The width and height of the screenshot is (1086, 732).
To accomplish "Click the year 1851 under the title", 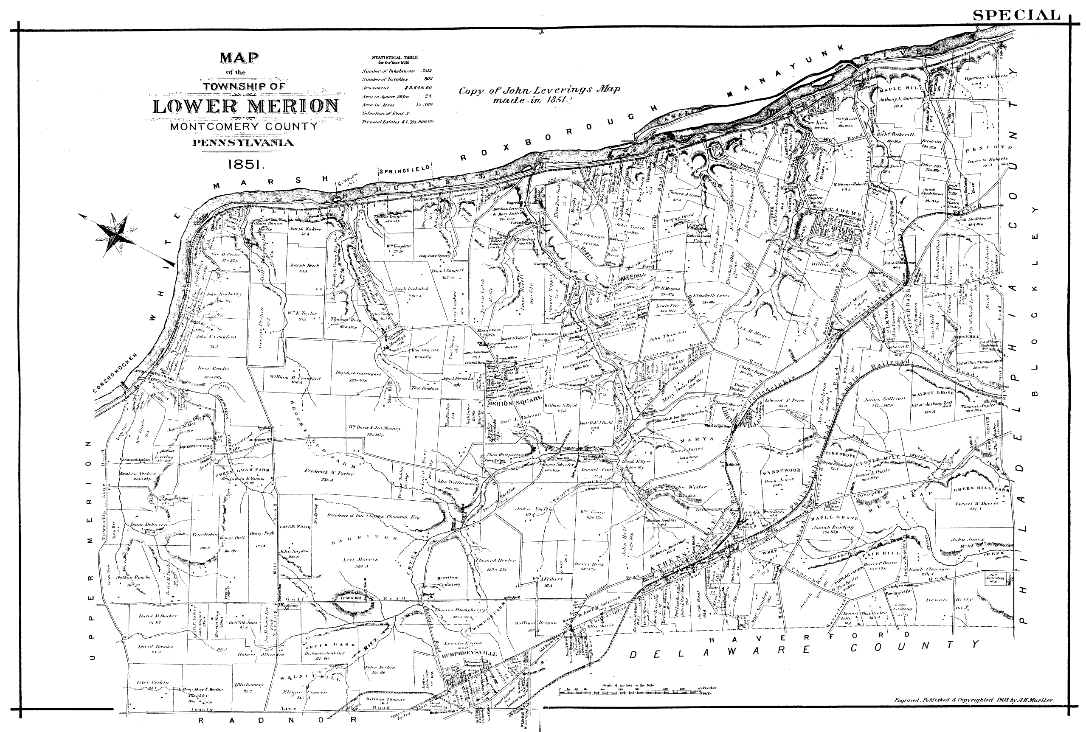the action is pyautogui.click(x=246, y=164).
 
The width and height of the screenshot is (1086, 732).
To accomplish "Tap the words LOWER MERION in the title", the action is pyautogui.click(x=246, y=107).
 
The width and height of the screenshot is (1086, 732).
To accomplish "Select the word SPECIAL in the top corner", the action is pyautogui.click(x=1016, y=15).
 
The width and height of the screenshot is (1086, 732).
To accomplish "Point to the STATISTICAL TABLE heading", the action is pyautogui.click(x=395, y=59).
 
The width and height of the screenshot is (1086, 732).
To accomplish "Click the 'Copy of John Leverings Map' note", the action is pyautogui.click(x=539, y=90).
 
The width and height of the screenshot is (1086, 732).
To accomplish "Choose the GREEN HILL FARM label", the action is pyautogui.click(x=981, y=489).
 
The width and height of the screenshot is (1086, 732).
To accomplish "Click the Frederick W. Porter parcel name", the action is pyautogui.click(x=329, y=473).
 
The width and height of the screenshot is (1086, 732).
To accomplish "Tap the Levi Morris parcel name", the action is pyautogui.click(x=360, y=559).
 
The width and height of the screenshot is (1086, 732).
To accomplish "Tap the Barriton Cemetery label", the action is pyautogui.click(x=448, y=581).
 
